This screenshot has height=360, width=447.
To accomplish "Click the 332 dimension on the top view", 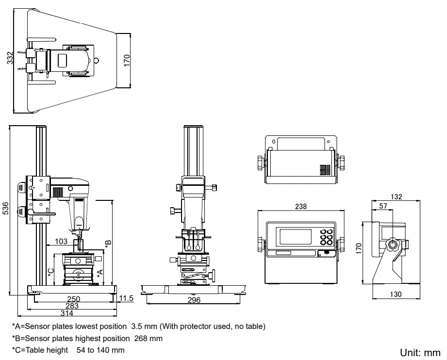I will (x=10, y=58).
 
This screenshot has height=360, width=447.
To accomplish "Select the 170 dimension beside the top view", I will (x=127, y=60).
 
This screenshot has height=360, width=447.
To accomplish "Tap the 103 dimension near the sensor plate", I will (x=61, y=241).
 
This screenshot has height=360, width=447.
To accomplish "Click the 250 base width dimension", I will (x=73, y=299).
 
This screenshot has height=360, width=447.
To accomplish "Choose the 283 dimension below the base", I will (x=72, y=306).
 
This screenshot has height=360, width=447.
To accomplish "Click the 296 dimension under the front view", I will (x=193, y=300).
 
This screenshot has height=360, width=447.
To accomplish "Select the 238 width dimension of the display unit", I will (x=300, y=206).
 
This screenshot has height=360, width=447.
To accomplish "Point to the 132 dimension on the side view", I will (x=397, y=196).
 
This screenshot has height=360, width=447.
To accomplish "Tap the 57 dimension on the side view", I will (x=383, y=206).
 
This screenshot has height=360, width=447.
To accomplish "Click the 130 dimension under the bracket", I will (x=396, y=294).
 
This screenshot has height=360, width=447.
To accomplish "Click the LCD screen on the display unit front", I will (x=296, y=236).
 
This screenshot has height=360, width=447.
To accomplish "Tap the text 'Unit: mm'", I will (x=420, y=353).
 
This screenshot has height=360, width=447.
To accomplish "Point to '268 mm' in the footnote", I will (x=148, y=338).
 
